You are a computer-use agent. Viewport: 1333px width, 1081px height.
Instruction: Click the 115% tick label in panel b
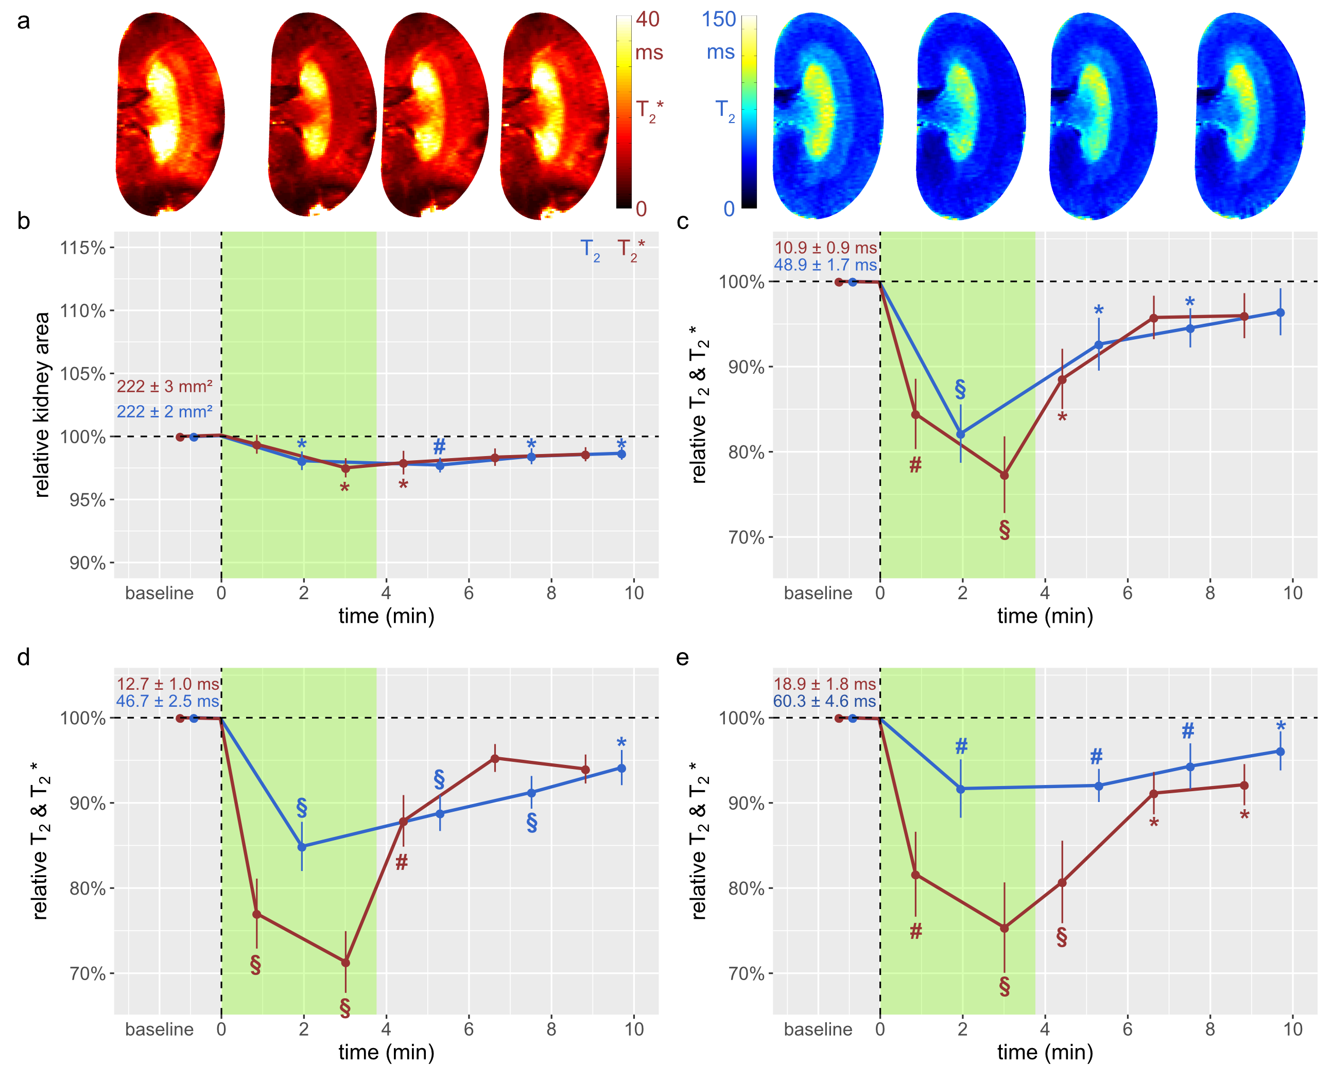pyautogui.click(x=82, y=248)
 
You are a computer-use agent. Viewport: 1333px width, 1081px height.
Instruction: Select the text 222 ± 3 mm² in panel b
pyautogui.click(x=164, y=387)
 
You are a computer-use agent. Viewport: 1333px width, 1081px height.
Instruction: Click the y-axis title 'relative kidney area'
pyautogui.click(x=42, y=405)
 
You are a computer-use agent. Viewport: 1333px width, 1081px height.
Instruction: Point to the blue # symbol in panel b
pyautogui.click(x=439, y=446)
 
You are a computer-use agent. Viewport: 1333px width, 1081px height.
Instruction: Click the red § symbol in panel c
pyautogui.click(x=1004, y=530)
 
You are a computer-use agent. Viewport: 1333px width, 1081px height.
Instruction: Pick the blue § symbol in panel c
pyautogui.click(x=961, y=389)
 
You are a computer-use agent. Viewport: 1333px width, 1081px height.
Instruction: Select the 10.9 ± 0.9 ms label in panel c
pyautogui.click(x=825, y=248)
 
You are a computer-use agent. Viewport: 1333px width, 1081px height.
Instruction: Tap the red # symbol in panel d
pyautogui.click(x=402, y=862)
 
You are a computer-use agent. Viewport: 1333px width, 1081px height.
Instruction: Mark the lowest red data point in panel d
pyautogui.click(x=345, y=963)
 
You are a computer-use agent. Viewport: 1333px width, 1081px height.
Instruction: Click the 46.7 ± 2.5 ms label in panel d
pyautogui.click(x=167, y=701)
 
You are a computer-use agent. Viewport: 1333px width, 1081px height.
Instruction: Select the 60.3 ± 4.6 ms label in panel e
pyautogui.click(x=825, y=701)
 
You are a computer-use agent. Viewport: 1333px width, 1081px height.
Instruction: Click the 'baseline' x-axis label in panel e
pyautogui.click(x=818, y=1030)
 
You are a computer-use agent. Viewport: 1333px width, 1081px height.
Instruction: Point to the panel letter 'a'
pyautogui.click(x=23, y=21)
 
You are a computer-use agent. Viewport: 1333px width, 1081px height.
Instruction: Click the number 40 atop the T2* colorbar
pyautogui.click(x=647, y=20)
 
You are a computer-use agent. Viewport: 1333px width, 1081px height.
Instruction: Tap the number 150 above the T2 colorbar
pyautogui.click(x=719, y=20)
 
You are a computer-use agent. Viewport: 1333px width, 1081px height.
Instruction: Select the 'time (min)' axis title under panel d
pyautogui.click(x=386, y=1052)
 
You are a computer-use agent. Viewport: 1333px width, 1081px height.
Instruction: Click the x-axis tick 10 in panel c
pyautogui.click(x=1292, y=593)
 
